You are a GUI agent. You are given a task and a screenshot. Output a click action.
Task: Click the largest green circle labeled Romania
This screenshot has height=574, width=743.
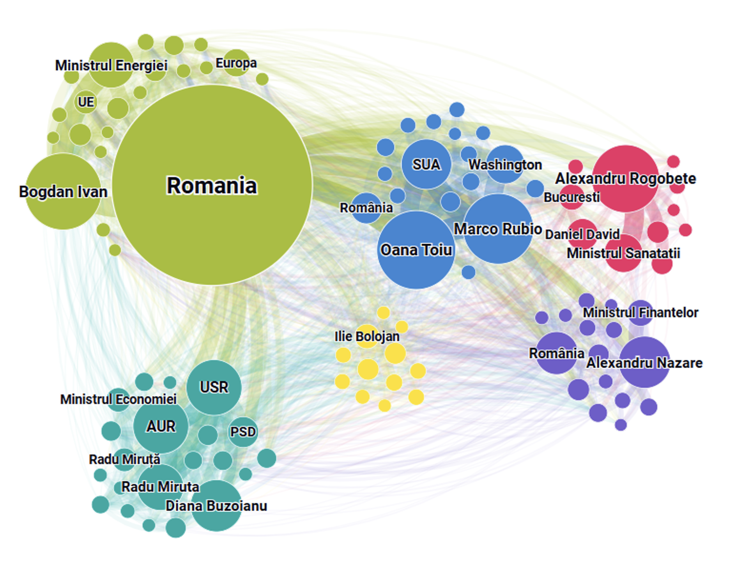click(x=212, y=185)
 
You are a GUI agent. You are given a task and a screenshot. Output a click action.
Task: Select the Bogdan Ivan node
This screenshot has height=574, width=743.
click(x=63, y=191)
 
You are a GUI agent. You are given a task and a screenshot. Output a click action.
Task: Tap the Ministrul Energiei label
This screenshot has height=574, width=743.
click(x=111, y=65)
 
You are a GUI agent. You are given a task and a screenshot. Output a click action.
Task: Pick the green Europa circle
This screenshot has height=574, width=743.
click(x=236, y=63)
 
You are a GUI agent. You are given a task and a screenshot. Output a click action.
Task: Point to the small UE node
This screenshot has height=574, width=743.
click(x=86, y=102)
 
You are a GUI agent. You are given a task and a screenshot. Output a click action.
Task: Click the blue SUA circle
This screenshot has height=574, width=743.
click(x=426, y=164)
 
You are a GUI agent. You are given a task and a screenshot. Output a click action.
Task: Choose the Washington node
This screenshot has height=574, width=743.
click(x=505, y=164)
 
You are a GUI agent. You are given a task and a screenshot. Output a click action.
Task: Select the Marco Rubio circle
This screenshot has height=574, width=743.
click(x=498, y=229)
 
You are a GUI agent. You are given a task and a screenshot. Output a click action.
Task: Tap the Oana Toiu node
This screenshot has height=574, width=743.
click(x=416, y=250)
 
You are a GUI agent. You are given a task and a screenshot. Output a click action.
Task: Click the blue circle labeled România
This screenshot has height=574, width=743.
click(x=366, y=208)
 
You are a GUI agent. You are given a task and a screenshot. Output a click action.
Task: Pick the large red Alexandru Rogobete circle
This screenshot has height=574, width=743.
click(x=625, y=178)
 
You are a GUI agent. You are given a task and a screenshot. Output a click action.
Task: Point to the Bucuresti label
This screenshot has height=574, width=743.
click(x=571, y=197)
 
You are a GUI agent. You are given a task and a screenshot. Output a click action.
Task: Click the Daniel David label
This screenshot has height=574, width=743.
click(x=582, y=234)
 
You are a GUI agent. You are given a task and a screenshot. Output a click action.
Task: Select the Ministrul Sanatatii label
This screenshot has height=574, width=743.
click(x=623, y=253)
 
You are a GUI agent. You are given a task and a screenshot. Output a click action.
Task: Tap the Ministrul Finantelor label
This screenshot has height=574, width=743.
click(x=640, y=312)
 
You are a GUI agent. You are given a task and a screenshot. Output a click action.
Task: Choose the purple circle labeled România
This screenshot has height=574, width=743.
click(x=556, y=353)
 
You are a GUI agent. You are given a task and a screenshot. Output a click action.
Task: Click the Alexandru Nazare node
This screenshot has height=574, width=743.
click(x=644, y=362)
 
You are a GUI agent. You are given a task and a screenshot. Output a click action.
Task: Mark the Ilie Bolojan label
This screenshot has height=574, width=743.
click(x=367, y=336)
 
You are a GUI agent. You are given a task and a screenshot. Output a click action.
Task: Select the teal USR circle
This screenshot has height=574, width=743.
click(x=214, y=387)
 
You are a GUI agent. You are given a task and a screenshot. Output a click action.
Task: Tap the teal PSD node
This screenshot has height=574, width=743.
click(x=243, y=432)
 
